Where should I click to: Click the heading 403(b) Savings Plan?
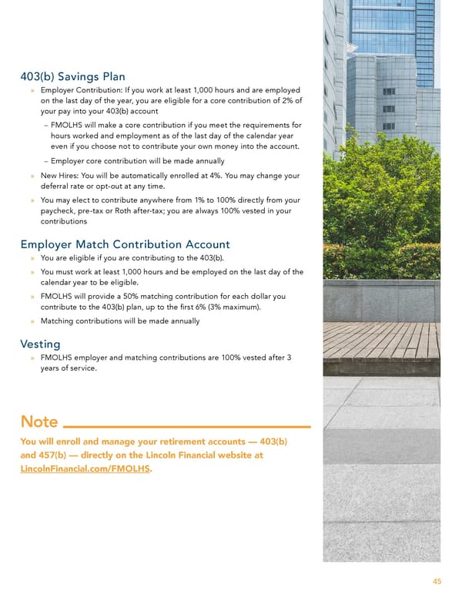(72, 76)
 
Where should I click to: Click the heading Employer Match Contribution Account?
(125, 244)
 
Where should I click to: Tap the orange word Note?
(39, 422)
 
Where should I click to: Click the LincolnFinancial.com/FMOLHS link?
(85, 469)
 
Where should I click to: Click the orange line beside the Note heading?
(186, 425)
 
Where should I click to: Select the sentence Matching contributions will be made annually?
(120, 321)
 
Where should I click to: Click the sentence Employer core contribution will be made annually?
(138, 161)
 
